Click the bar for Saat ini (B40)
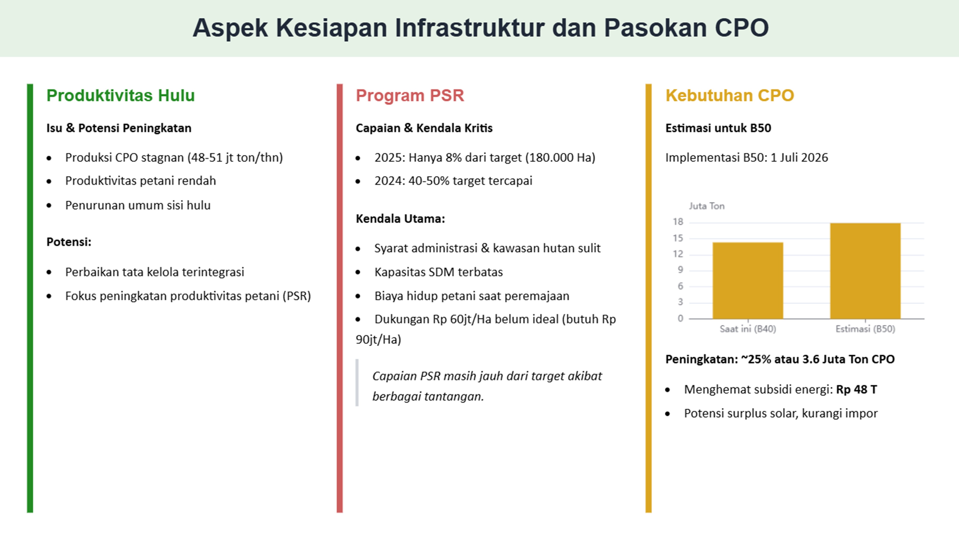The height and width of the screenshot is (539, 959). click(x=748, y=281)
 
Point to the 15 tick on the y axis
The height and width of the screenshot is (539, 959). click(x=678, y=238)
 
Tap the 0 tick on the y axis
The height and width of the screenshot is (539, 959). click(x=680, y=318)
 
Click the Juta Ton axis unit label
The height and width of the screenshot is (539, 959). click(x=706, y=206)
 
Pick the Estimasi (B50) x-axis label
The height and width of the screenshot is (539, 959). click(x=865, y=329)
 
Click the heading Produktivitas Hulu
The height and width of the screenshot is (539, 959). click(x=120, y=96)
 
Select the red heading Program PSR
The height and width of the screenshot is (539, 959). click(x=409, y=96)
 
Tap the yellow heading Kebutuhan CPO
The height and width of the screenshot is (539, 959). click(x=729, y=96)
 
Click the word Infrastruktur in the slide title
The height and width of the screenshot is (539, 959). click(x=469, y=28)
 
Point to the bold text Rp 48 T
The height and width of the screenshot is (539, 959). click(x=856, y=390)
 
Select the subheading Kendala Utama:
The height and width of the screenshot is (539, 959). click(x=400, y=219)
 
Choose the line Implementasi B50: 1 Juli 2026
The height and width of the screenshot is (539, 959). click(x=746, y=158)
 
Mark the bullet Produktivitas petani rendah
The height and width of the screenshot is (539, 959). click(x=140, y=181)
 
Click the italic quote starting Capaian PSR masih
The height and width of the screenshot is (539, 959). click(x=487, y=386)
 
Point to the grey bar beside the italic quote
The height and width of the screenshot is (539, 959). click(x=357, y=382)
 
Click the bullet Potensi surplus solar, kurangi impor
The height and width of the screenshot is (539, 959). click(x=780, y=413)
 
